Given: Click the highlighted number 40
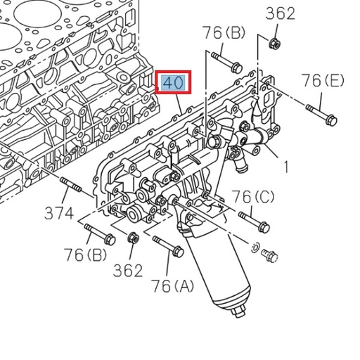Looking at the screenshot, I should [173, 83].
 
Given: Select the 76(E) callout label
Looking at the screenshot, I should [323, 81].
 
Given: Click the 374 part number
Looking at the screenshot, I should [60, 212].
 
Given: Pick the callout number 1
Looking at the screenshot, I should [286, 167].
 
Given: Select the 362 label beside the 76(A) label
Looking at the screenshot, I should [128, 270].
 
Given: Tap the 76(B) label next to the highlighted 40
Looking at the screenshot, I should [223, 32].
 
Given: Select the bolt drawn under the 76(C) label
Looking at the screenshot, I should [255, 220].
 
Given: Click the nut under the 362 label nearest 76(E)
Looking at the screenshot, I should [275, 44].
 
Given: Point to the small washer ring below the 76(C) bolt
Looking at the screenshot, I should [256, 247].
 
